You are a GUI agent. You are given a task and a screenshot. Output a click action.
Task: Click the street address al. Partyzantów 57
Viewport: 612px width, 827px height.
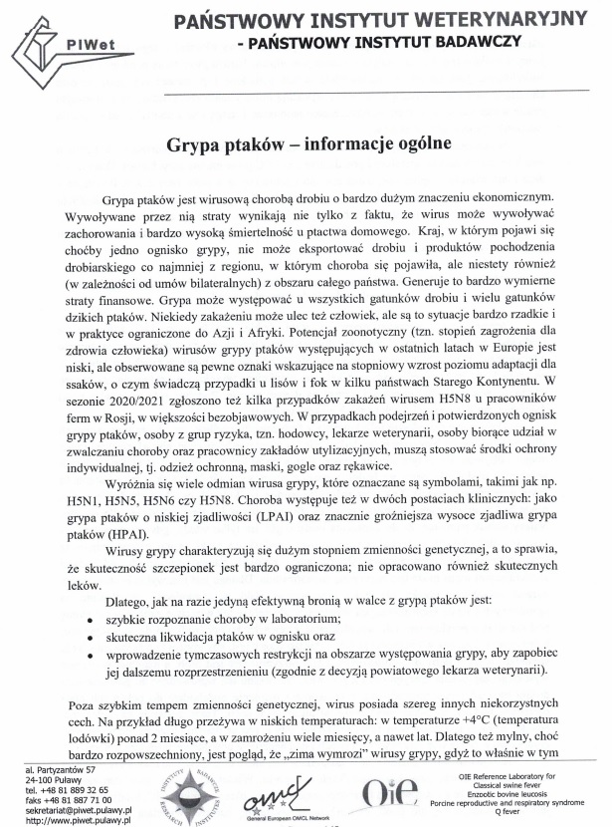click(62, 770)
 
